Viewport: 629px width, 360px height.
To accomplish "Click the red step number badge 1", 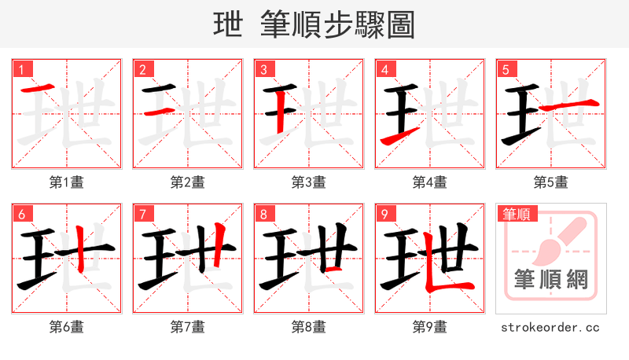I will [x=21, y=69].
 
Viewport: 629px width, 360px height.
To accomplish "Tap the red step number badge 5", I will [x=506, y=69].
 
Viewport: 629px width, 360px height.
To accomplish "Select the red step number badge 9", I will [x=384, y=214].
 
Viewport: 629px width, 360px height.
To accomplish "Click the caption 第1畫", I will [x=67, y=182].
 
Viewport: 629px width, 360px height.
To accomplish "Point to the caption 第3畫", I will [x=309, y=182].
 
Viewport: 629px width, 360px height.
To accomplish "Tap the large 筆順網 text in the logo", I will [x=550, y=278].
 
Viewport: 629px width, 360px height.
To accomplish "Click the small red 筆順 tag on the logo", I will [x=515, y=213].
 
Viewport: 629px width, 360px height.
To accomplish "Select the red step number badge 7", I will [x=142, y=214].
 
